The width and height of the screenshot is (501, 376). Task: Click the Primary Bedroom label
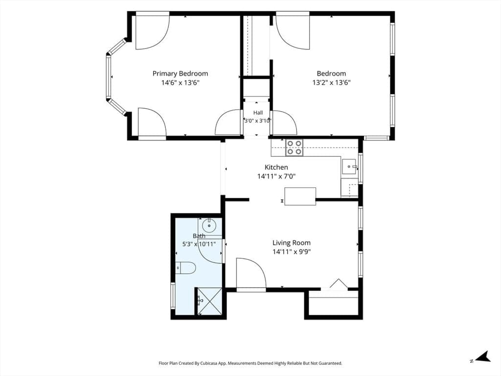[x=180, y=73]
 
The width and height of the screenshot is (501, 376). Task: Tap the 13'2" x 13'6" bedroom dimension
[x=331, y=83]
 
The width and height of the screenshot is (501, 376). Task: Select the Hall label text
[x=258, y=113]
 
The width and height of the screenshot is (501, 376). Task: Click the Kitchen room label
[x=276, y=167]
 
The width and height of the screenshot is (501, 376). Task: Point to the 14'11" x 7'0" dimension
[x=276, y=176]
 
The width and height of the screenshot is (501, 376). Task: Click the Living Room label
[x=292, y=243]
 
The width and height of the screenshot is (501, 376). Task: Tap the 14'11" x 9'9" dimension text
[x=292, y=252]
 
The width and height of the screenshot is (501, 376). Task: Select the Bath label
[x=199, y=236]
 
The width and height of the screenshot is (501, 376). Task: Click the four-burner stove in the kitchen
[x=294, y=147]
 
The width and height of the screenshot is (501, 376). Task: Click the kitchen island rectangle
[x=300, y=196]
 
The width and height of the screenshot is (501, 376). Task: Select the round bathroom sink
[x=209, y=226]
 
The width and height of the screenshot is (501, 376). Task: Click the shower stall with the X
[x=209, y=301]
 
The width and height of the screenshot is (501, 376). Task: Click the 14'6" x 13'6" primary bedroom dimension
[x=180, y=83]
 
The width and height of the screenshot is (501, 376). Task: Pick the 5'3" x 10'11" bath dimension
[x=199, y=244]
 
